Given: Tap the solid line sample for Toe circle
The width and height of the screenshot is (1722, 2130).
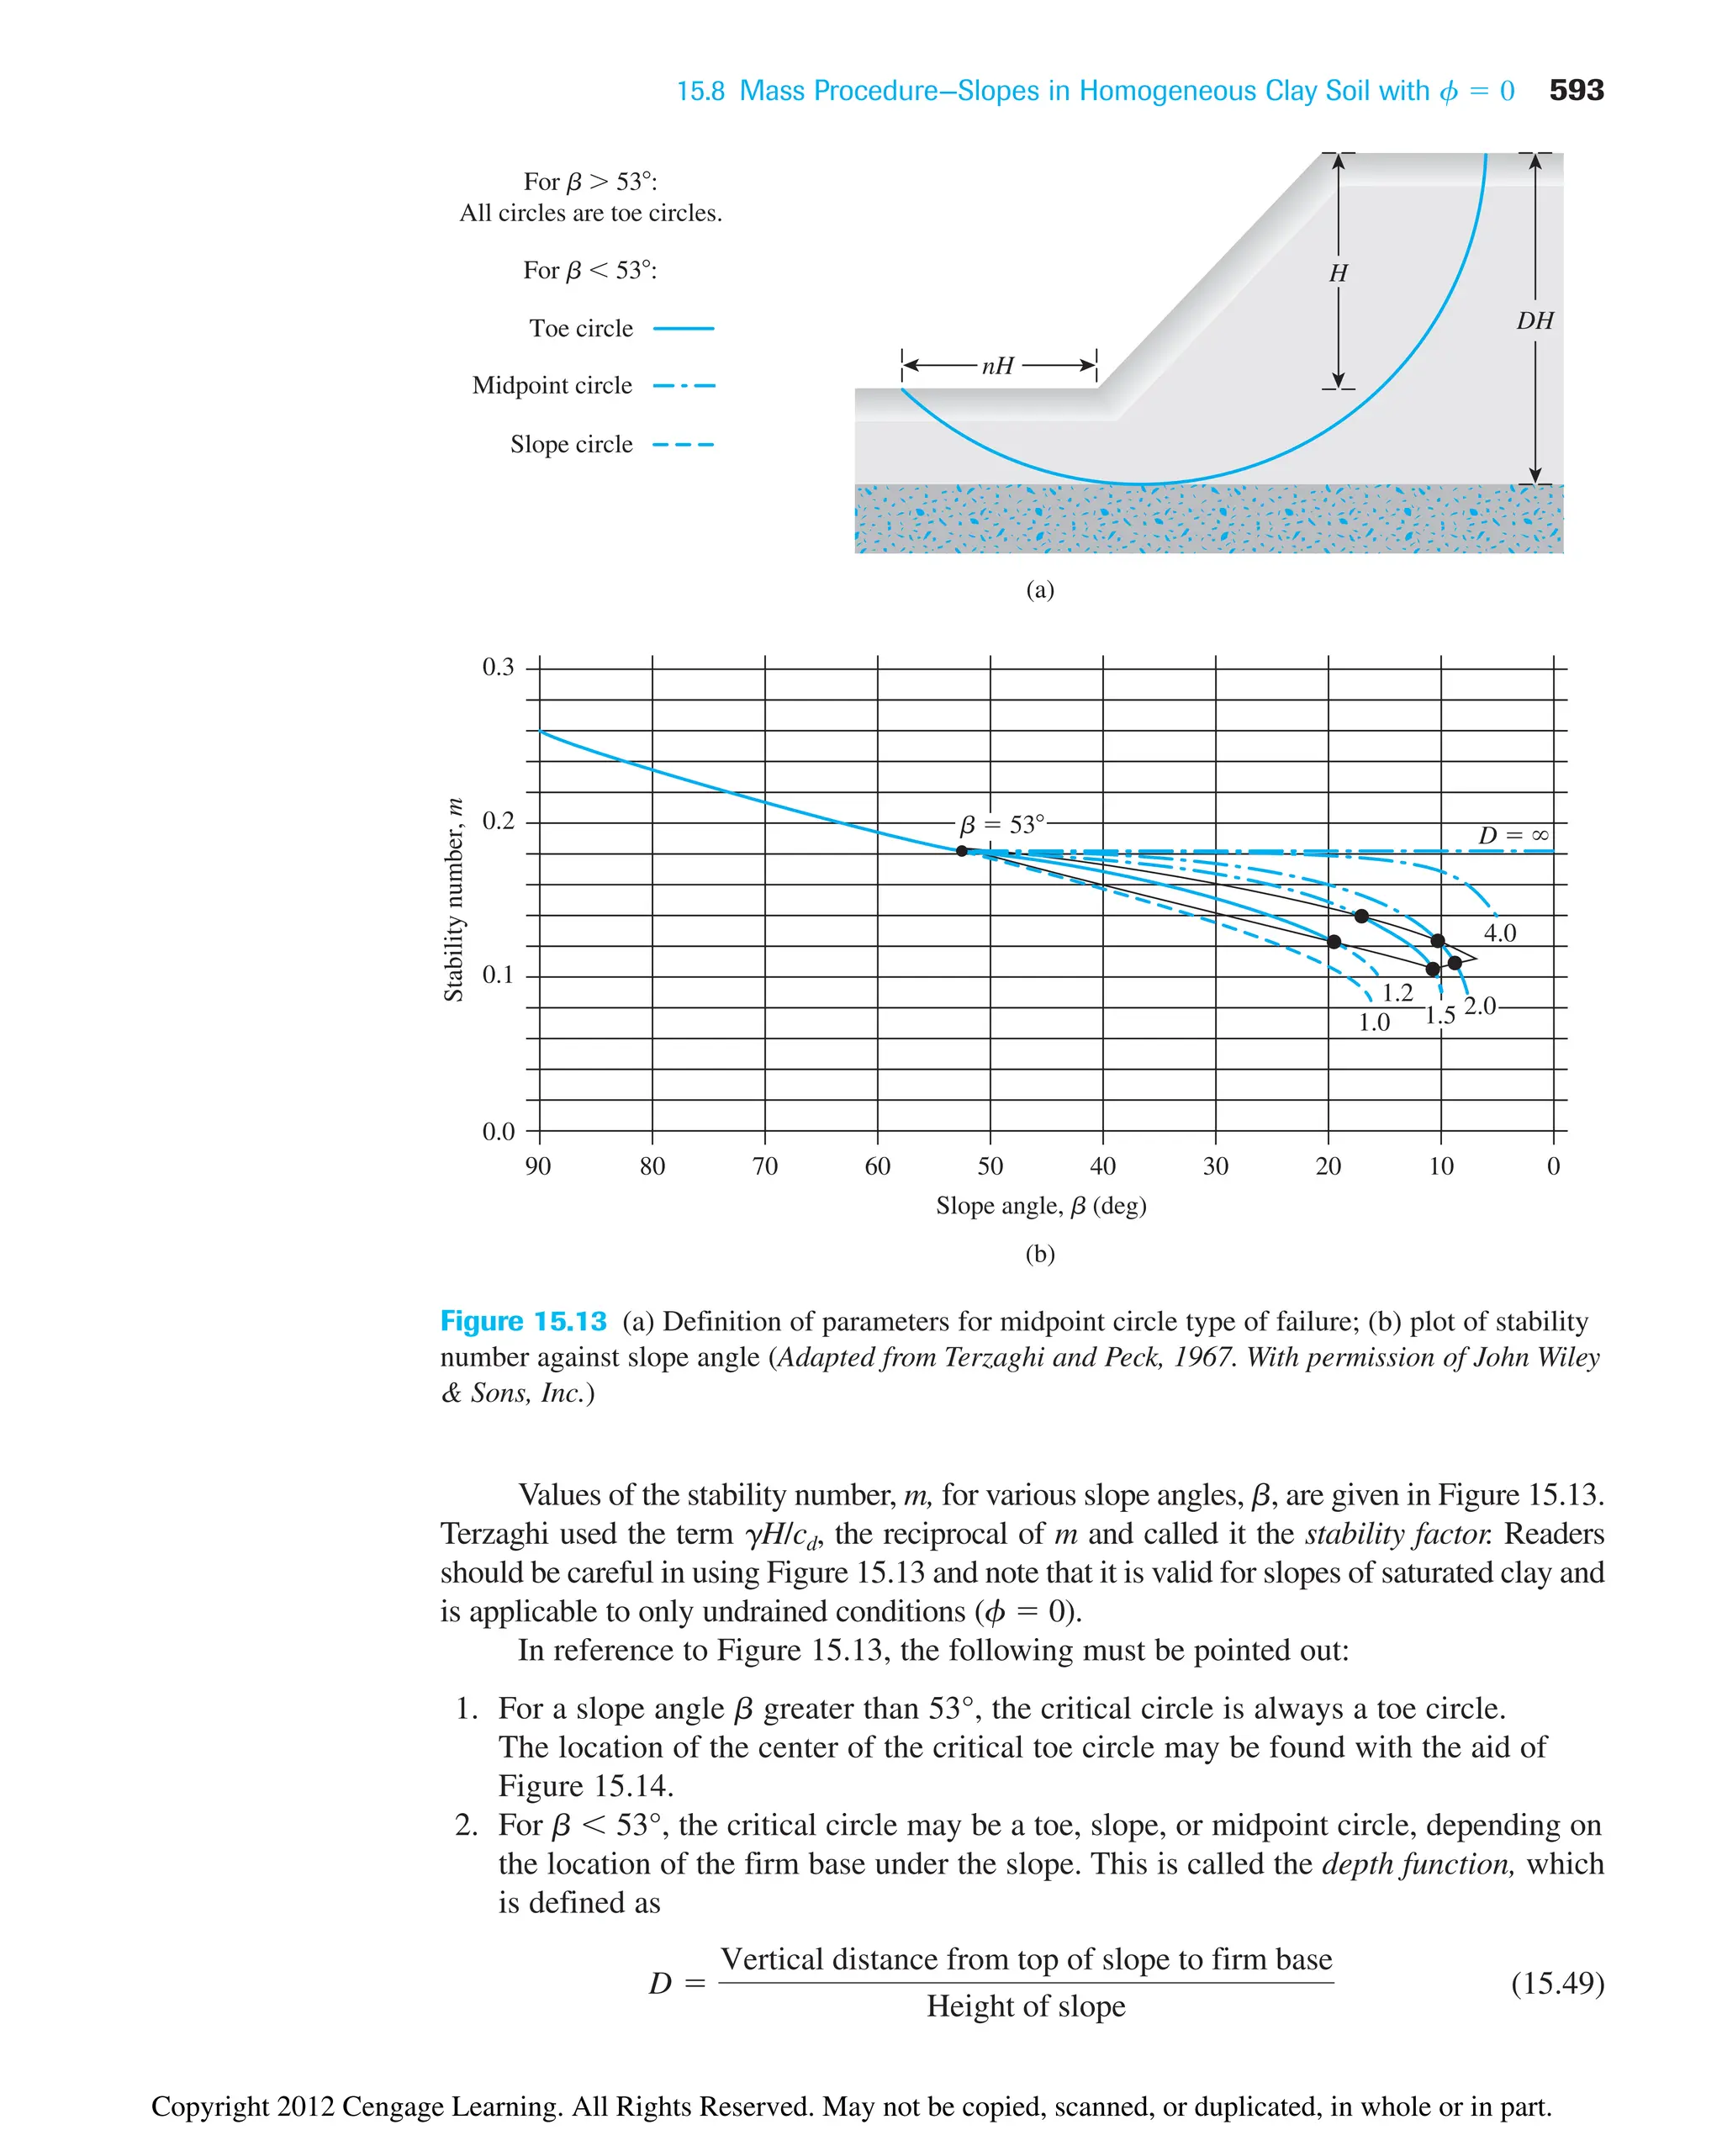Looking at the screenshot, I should [x=684, y=329].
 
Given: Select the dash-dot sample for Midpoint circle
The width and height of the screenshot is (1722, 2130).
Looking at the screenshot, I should [x=684, y=386].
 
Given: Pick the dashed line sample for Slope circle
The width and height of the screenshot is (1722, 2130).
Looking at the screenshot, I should [x=684, y=445].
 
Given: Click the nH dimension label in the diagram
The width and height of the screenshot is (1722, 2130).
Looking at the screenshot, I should [x=998, y=365].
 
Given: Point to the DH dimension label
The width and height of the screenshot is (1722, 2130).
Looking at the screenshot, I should [x=1534, y=320].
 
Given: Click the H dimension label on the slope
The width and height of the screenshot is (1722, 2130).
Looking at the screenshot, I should [x=1338, y=272].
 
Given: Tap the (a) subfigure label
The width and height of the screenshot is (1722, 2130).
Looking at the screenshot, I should [x=1039, y=590].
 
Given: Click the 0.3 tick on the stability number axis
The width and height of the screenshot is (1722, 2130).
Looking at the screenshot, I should [x=498, y=667].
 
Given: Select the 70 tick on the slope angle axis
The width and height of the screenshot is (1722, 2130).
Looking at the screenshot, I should [x=765, y=1166].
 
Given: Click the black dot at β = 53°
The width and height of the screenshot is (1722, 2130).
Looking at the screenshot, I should [x=961, y=850].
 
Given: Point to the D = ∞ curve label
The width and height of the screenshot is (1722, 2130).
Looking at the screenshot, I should [x=1513, y=835].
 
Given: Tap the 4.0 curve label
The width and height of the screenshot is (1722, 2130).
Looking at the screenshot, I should [x=1499, y=933].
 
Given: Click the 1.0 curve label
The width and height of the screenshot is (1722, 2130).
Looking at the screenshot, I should [x=1374, y=1023].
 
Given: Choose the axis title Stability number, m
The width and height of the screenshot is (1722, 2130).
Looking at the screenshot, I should [x=453, y=900].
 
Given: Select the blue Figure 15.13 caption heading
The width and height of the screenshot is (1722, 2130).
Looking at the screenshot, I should [x=523, y=1321].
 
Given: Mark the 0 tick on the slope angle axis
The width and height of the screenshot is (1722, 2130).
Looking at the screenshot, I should [x=1553, y=1166].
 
